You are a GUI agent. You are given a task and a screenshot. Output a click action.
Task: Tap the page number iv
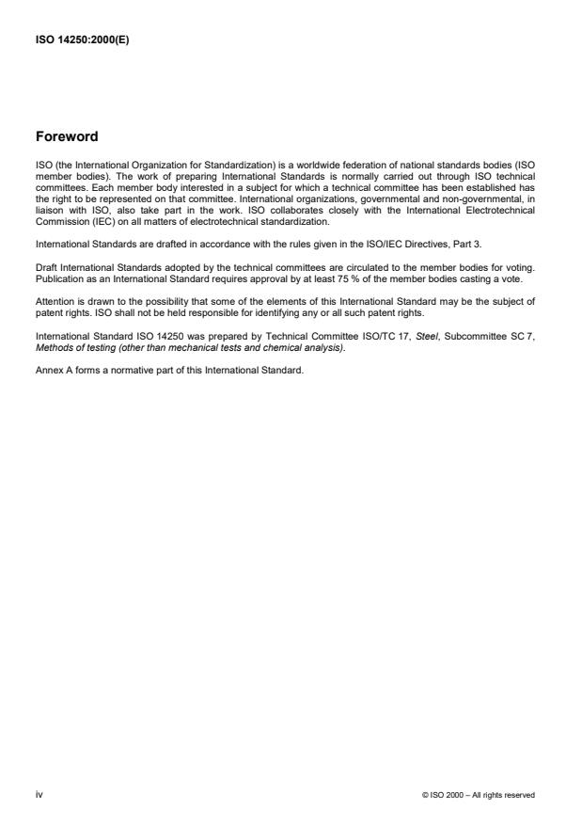(39, 795)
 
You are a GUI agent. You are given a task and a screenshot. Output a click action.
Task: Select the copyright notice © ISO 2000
(479, 796)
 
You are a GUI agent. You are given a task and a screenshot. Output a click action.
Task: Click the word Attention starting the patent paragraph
(55, 302)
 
